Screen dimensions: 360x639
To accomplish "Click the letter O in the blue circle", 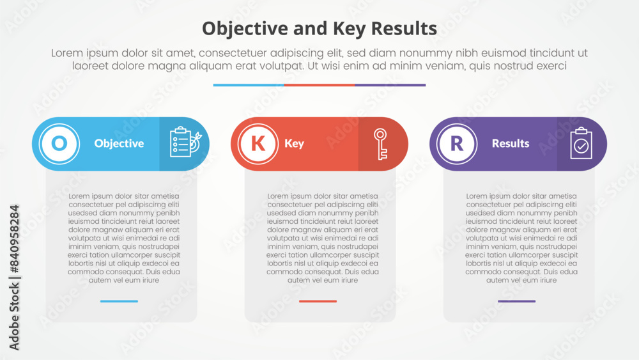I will click(59, 144).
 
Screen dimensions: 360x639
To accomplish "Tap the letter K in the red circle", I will click(258, 144).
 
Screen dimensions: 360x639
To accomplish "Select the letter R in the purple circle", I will click(457, 144).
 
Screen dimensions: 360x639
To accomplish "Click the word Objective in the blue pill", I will click(119, 144).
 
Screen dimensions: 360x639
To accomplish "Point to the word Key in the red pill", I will click(294, 144).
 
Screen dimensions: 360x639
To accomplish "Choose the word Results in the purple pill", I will click(511, 144).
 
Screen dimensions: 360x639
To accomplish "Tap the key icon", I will click(380, 144).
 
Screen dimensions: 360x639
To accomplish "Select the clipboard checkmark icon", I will click(581, 143).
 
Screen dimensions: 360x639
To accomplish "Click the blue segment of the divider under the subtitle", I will click(249, 85).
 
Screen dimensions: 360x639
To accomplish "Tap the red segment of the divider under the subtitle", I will click(319, 85).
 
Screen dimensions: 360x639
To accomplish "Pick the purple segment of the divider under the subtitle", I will click(390, 85).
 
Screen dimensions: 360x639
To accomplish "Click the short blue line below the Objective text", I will click(119, 301).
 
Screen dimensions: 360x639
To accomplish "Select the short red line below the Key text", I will click(318, 301).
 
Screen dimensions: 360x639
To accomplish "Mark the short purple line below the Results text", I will click(517, 301).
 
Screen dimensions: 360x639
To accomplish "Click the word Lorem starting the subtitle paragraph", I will click(67, 54).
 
